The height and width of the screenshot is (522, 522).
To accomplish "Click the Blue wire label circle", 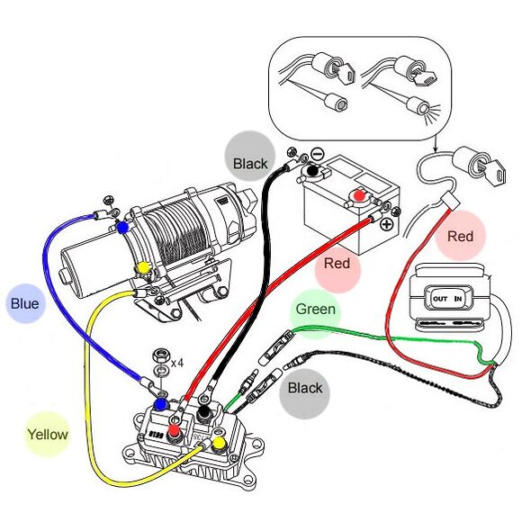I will [24, 304].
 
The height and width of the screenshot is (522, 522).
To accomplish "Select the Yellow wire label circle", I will [47, 435].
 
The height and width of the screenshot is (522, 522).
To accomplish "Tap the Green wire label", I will [316, 310].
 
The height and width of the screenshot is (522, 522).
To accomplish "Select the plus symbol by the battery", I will [386, 223].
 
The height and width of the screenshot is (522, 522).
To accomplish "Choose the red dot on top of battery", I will [359, 194].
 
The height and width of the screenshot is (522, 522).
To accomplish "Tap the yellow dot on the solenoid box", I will [218, 444].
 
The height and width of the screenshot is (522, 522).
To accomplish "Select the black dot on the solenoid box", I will [205, 412].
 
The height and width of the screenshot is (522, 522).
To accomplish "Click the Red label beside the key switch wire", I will [460, 238].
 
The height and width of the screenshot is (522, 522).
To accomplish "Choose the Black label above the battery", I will [250, 164].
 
